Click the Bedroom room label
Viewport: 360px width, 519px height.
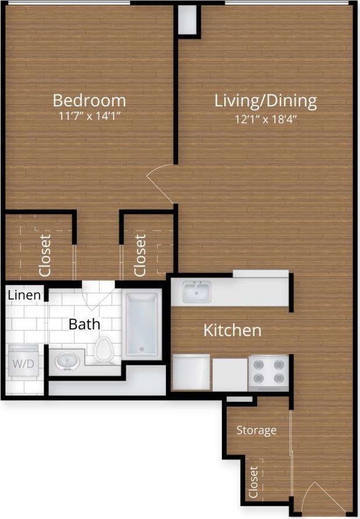tap(89, 100)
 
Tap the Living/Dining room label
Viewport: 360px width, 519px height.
tap(266, 101)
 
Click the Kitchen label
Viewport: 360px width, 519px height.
tap(232, 330)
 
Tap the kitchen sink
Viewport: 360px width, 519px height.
tap(197, 292)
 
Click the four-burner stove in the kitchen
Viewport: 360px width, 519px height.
tap(269, 373)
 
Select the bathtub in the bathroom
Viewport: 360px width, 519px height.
tap(142, 324)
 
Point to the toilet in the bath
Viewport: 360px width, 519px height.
tap(104, 349)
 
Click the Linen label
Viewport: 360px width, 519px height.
tap(24, 295)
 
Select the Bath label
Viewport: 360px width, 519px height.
tap(84, 324)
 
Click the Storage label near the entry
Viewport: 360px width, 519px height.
tap(256, 430)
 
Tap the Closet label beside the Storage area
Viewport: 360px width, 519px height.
tap(253, 482)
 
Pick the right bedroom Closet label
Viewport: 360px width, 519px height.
tap(140, 255)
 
